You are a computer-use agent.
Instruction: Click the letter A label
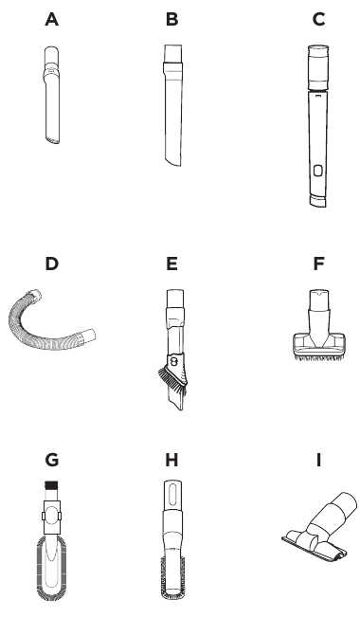pyautogui.click(x=51, y=19)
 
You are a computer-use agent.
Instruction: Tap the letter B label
pyautogui.click(x=172, y=19)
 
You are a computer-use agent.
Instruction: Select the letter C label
pyautogui.click(x=318, y=19)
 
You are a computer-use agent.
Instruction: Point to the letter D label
pyautogui.click(x=51, y=264)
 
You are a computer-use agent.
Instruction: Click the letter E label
pyautogui.click(x=172, y=264)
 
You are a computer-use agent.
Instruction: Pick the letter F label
pyautogui.click(x=318, y=264)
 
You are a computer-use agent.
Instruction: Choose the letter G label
pyautogui.click(x=51, y=460)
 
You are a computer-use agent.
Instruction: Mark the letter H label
pyautogui.click(x=172, y=460)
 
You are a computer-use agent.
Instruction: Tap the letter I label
pyautogui.click(x=318, y=460)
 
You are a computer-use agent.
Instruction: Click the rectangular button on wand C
pyautogui.click(x=318, y=171)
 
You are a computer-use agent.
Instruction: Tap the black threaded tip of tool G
pyautogui.click(x=51, y=484)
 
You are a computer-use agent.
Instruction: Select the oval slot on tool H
pyautogui.click(x=172, y=493)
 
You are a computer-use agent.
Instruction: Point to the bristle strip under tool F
pyautogui.click(x=319, y=358)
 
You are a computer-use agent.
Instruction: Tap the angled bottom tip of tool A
pyautogui.click(x=52, y=139)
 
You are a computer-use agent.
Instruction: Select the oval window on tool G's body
pyautogui.click(x=51, y=517)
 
